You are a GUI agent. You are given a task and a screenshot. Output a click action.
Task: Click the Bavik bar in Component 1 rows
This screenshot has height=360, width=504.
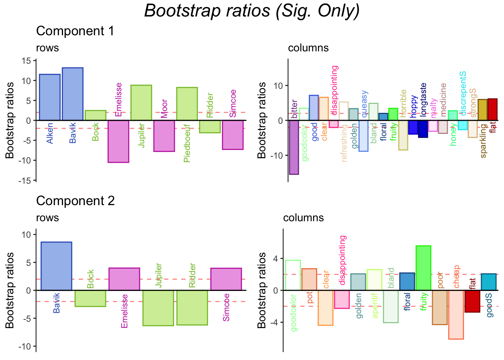tap(73, 94)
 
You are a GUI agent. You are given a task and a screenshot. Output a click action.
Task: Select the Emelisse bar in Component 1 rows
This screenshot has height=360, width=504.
tap(118, 141)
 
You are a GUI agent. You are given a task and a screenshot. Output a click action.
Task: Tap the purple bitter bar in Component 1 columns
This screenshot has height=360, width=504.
tap(294, 147)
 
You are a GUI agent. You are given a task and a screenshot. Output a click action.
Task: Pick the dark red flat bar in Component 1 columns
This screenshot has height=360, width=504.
tap(492, 109)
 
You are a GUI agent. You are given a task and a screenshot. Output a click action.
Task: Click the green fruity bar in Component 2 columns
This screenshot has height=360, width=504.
tap(423, 268)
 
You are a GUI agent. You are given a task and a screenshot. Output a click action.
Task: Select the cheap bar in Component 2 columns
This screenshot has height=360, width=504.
tap(456, 315)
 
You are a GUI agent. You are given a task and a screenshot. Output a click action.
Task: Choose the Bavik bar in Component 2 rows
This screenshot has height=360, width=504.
tap(56, 266)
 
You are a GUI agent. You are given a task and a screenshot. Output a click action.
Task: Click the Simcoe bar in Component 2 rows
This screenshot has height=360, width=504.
tap(226, 279)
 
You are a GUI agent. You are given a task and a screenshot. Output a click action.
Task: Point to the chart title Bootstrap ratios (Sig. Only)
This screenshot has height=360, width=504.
tap(252, 10)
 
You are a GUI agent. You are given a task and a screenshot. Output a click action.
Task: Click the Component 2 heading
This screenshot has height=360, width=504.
tap(75, 201)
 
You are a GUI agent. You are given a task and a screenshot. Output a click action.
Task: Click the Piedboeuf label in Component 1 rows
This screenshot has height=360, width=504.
tap(187, 144)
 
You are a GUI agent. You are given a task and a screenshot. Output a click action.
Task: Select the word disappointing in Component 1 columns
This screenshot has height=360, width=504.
tap(335, 90)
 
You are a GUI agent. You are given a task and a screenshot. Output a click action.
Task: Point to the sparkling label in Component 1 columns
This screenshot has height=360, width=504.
tap(483, 141)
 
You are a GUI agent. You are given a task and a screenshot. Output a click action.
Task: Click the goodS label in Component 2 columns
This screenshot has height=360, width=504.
tap(489, 305)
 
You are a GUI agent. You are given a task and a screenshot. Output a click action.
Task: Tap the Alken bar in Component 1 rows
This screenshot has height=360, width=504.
tap(50, 97)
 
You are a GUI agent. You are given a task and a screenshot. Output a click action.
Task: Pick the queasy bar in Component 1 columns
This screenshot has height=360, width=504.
tap(363, 136)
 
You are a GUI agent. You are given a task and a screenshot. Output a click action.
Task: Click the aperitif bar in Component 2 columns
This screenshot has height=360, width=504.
tap(374, 280)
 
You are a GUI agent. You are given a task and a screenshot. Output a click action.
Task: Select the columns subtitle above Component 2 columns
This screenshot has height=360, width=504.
tap(303, 218)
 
